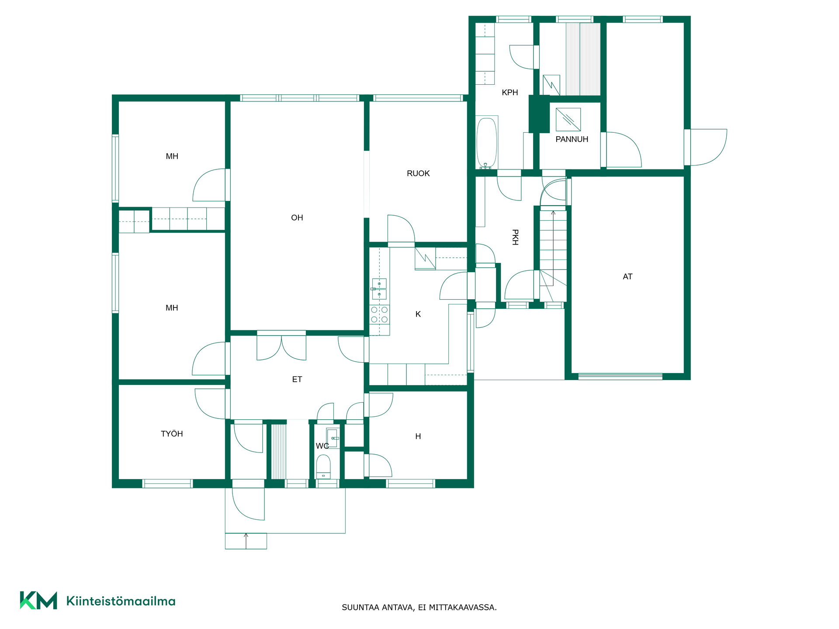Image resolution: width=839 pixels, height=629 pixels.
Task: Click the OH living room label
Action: pos(297,218)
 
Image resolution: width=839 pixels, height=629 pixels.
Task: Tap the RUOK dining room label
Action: pos(418,173)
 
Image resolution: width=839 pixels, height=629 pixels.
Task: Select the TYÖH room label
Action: pos(172,434)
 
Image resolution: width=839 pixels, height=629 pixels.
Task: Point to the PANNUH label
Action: pos(572,139)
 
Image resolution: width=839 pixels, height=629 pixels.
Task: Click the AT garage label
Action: pos(628,276)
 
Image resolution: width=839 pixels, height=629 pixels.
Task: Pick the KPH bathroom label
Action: pos(510,93)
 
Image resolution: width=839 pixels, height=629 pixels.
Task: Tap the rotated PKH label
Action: pos(515,237)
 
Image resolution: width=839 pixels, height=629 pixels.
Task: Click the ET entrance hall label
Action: pos(297,380)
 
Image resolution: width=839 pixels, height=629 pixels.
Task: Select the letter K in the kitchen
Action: pos(418,314)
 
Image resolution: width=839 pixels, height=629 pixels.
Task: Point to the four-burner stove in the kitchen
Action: pos(379,314)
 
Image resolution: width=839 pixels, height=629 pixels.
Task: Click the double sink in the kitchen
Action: pos(379,289)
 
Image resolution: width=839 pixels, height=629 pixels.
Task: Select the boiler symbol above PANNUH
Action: pos(568,120)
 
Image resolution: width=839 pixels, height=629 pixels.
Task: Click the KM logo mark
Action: pos(38,601)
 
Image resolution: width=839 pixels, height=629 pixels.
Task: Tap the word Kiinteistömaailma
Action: pos(121,601)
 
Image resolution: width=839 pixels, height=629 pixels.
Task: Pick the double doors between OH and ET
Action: pos(281,346)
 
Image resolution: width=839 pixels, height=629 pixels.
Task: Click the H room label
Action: pos(418,436)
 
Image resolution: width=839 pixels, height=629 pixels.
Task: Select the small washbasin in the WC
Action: pos(333,438)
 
